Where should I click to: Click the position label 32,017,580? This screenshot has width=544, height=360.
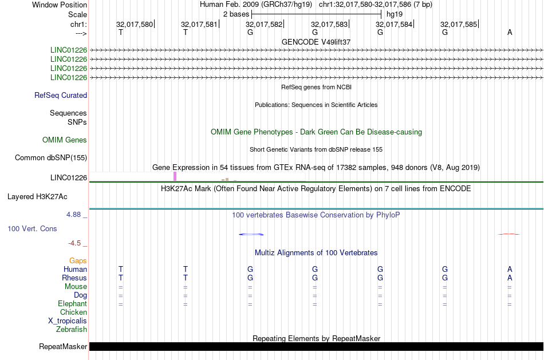coord(135,24)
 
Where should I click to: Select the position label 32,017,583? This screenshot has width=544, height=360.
coord(329,24)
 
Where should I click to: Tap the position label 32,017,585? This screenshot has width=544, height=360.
coord(459,24)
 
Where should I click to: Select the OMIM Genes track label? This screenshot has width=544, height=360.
coord(65,140)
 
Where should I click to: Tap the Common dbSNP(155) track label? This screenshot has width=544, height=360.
coord(50,158)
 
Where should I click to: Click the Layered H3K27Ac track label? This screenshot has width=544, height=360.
coord(37,196)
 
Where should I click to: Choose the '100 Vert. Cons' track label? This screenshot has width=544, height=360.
coord(32,228)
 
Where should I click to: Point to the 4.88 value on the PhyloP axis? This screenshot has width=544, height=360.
coord(76,215)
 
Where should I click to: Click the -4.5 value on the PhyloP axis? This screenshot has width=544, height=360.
coord(77,243)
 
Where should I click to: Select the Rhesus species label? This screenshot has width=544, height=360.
coord(74,278)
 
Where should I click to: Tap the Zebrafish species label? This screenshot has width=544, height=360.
coord(72,329)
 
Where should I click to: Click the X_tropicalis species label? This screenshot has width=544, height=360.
coord(68,321)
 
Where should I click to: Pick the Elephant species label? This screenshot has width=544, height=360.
coord(73,303)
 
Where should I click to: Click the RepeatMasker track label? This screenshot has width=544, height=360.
coord(63,347)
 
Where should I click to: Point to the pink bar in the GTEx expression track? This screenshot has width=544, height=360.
coord(175,176)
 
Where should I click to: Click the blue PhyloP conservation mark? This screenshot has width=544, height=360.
coord(251,234)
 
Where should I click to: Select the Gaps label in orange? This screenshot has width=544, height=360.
coord(78,260)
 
